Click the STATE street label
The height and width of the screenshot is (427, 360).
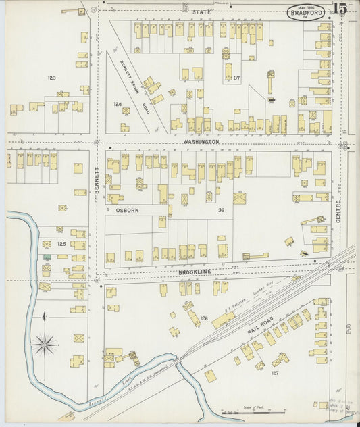point(200,12)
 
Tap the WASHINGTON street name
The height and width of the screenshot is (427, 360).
point(201,142)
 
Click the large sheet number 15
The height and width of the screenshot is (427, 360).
point(340,9)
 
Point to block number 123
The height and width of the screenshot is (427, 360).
point(52,78)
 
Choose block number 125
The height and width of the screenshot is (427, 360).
point(61,243)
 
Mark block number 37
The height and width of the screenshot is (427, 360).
point(236,78)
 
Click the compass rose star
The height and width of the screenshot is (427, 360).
point(45,345)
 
